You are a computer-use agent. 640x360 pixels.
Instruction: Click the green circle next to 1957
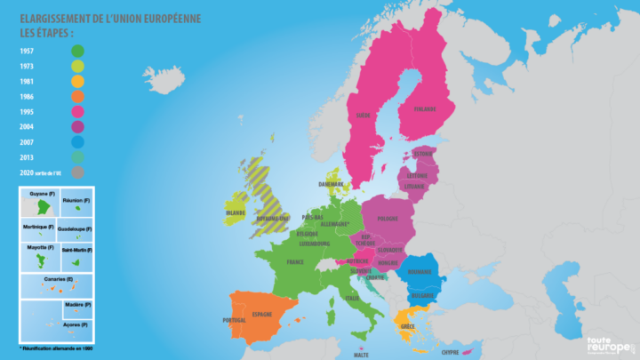click(x=78, y=52)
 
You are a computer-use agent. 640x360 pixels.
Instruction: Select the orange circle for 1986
click(x=78, y=96)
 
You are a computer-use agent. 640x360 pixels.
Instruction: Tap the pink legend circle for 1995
click(x=78, y=111)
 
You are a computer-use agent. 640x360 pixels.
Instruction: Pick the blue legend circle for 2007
click(x=78, y=141)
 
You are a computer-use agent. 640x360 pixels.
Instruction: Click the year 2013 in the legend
click(x=28, y=156)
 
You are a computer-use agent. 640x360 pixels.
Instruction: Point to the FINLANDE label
click(x=423, y=109)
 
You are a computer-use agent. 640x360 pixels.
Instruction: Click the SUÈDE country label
click(x=364, y=116)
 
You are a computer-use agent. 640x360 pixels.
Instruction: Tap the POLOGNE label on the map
click(x=388, y=218)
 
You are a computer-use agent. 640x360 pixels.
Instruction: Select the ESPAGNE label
click(x=262, y=314)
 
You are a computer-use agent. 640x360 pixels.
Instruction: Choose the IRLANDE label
click(x=235, y=213)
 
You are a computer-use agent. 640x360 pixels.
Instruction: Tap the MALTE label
click(x=362, y=354)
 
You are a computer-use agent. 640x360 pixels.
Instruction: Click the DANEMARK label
click(x=330, y=184)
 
